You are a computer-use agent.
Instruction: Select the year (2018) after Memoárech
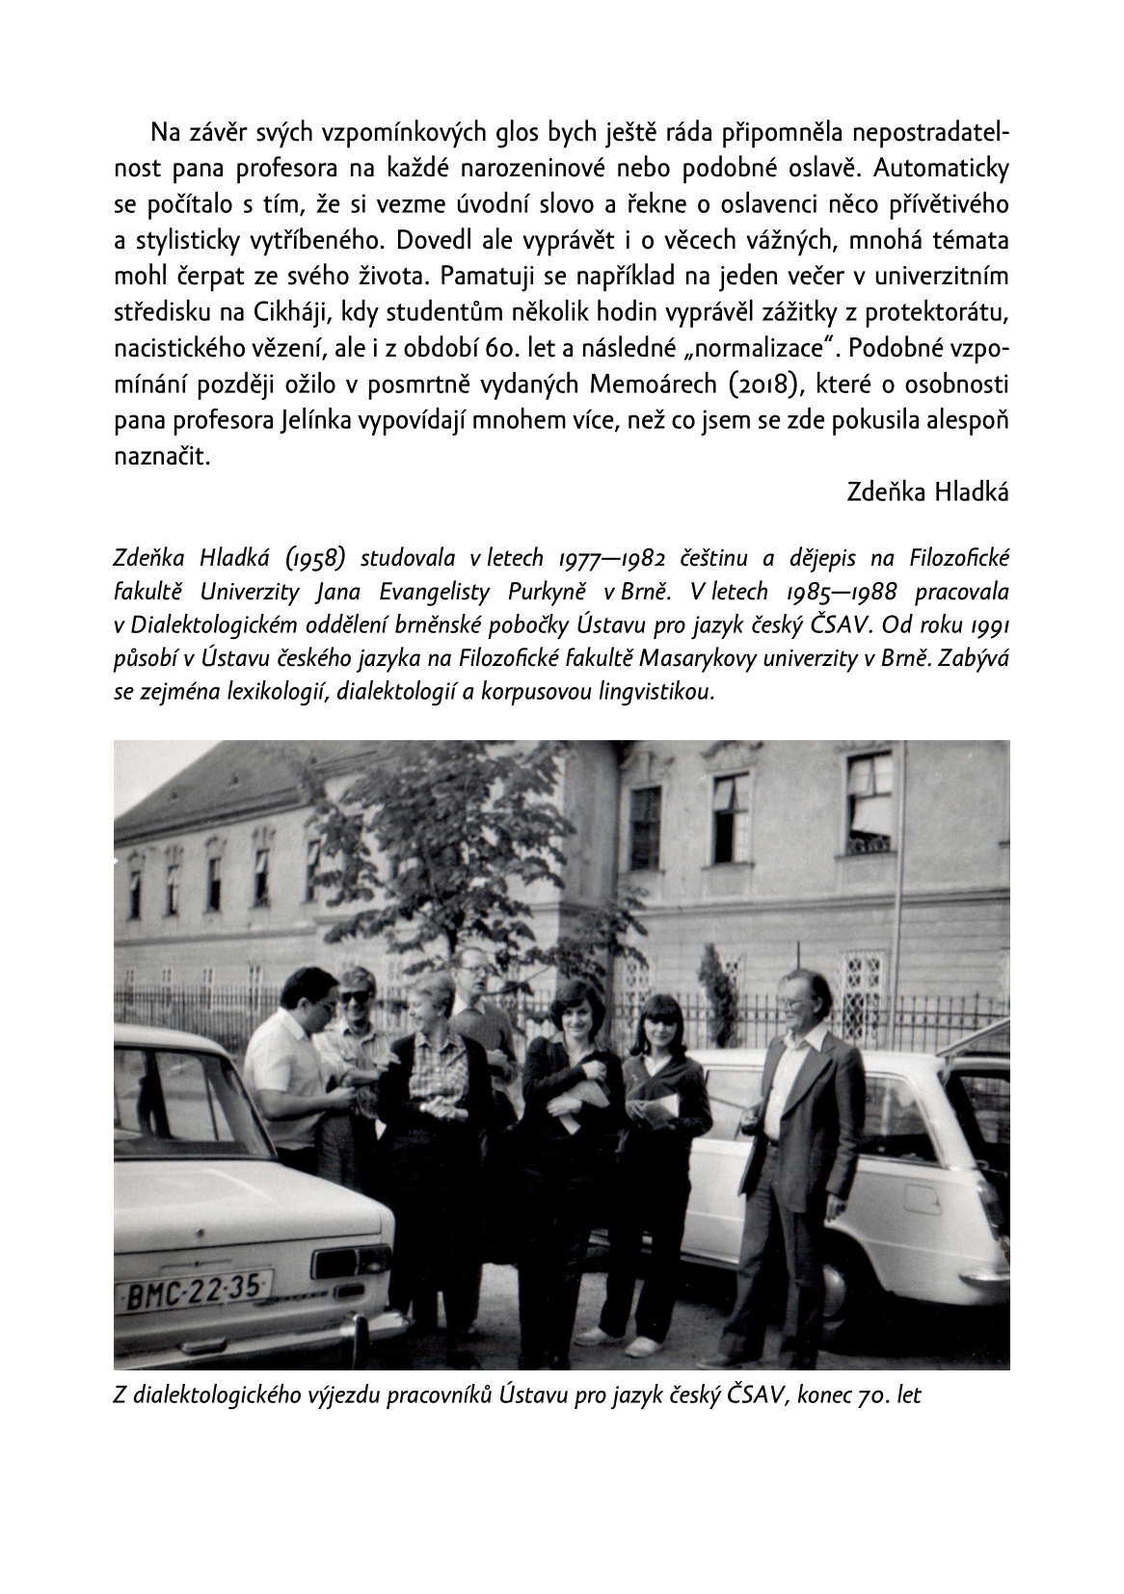[753, 385]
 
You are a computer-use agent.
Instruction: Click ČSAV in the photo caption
[759, 1395]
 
